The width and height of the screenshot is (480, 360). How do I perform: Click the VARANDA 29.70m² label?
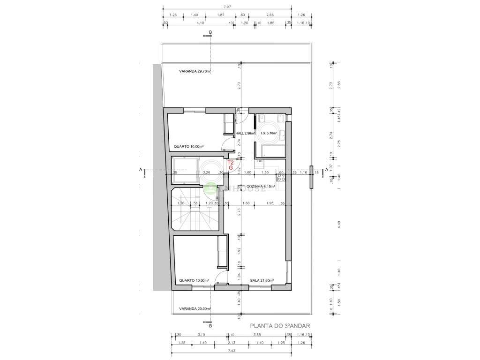tap(195, 71)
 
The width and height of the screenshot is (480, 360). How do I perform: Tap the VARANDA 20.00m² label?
tap(195, 308)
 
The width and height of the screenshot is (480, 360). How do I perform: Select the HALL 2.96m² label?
tap(245, 133)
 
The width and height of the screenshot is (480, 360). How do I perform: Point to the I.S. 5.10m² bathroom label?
tap(269, 133)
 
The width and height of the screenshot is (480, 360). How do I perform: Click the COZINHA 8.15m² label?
tap(261, 186)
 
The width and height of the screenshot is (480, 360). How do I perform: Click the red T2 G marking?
tap(231, 165)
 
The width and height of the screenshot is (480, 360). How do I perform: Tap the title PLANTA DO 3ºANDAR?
tap(280, 325)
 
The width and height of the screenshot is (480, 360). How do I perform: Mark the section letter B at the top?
tap(210, 32)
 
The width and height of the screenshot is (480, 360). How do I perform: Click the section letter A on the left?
tap(141, 170)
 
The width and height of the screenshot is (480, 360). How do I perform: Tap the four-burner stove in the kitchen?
tap(282, 176)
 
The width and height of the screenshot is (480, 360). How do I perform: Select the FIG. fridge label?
tap(260, 161)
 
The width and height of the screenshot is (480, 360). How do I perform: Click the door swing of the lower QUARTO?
tap(220, 281)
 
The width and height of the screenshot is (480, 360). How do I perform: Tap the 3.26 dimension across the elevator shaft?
tap(206, 172)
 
